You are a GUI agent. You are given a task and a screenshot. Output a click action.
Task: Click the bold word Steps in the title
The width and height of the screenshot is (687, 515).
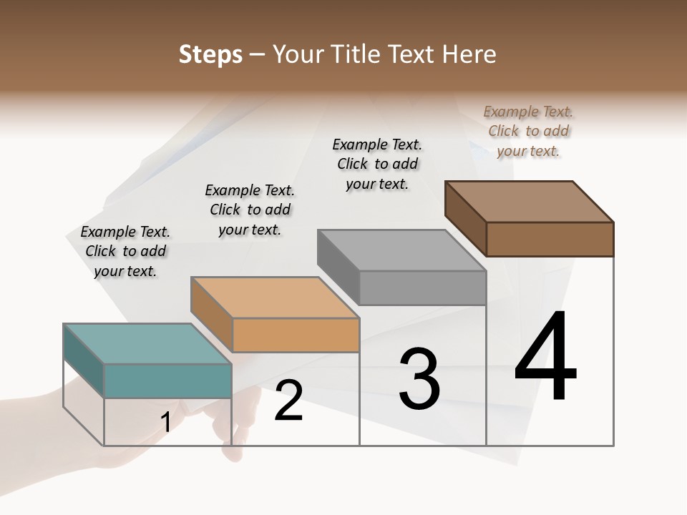tap(210, 54)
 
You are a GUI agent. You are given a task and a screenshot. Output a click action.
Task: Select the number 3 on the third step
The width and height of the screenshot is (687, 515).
tap(419, 378)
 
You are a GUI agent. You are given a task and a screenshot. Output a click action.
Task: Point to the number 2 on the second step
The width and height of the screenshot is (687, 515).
tap(289, 401)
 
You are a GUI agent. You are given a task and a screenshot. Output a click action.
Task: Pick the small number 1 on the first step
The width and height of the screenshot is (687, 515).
tap(166, 423)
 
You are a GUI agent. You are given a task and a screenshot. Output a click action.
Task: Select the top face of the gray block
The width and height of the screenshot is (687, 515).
tap(401, 250)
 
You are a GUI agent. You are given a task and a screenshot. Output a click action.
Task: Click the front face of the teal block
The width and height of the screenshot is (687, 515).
tap(167, 381)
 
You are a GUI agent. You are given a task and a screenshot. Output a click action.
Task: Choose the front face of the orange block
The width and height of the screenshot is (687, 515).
tap(296, 335)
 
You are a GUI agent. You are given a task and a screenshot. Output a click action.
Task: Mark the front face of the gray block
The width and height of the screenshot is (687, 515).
tap(422, 288)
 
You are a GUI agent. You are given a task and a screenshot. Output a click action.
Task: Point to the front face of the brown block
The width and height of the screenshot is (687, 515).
tap(550, 239)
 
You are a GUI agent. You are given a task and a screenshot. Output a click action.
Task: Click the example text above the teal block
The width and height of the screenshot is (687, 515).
tap(125, 251)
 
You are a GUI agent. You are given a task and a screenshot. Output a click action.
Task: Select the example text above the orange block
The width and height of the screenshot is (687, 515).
tap(250, 210)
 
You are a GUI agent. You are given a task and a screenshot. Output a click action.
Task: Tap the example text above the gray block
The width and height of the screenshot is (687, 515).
tap(377, 164)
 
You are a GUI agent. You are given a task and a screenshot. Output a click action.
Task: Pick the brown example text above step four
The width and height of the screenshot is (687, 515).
tap(528, 131)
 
